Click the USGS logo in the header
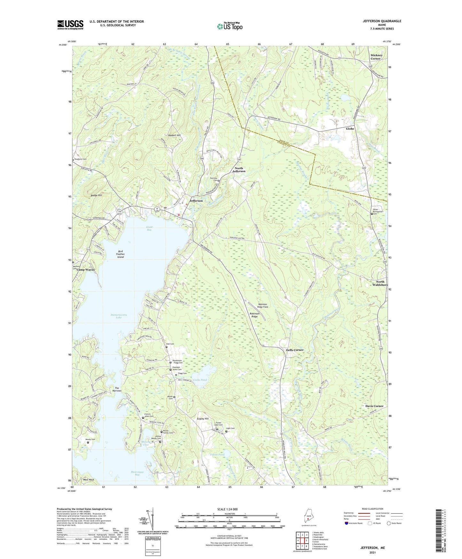[70, 25]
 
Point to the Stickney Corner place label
[376, 57]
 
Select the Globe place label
[350, 129]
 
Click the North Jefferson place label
[239, 170]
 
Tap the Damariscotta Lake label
[119, 316]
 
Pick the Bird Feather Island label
[120, 254]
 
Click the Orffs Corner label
[294, 350]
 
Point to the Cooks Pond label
[200, 380]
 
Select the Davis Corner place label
[374, 406]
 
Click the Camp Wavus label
[85, 270]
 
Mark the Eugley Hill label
[202, 419]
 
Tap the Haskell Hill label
[174, 135]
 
